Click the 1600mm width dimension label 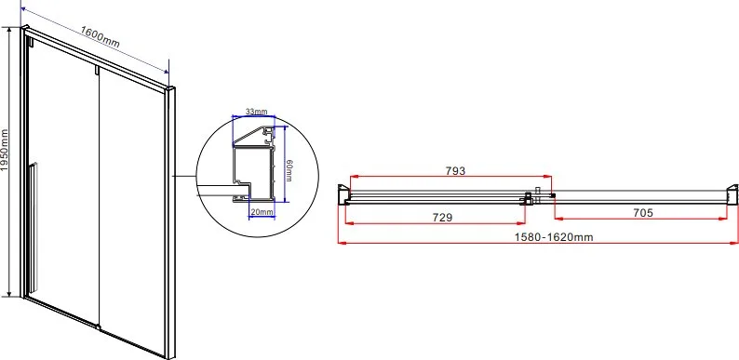click(x=100, y=37)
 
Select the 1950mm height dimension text click(x=5, y=151)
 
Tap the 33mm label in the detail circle click(x=256, y=112)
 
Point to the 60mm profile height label click(x=289, y=170)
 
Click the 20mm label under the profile click(x=262, y=212)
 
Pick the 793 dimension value click(x=455, y=170)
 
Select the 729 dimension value click(x=442, y=218)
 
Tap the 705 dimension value click(x=643, y=213)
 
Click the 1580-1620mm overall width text click(x=553, y=237)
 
